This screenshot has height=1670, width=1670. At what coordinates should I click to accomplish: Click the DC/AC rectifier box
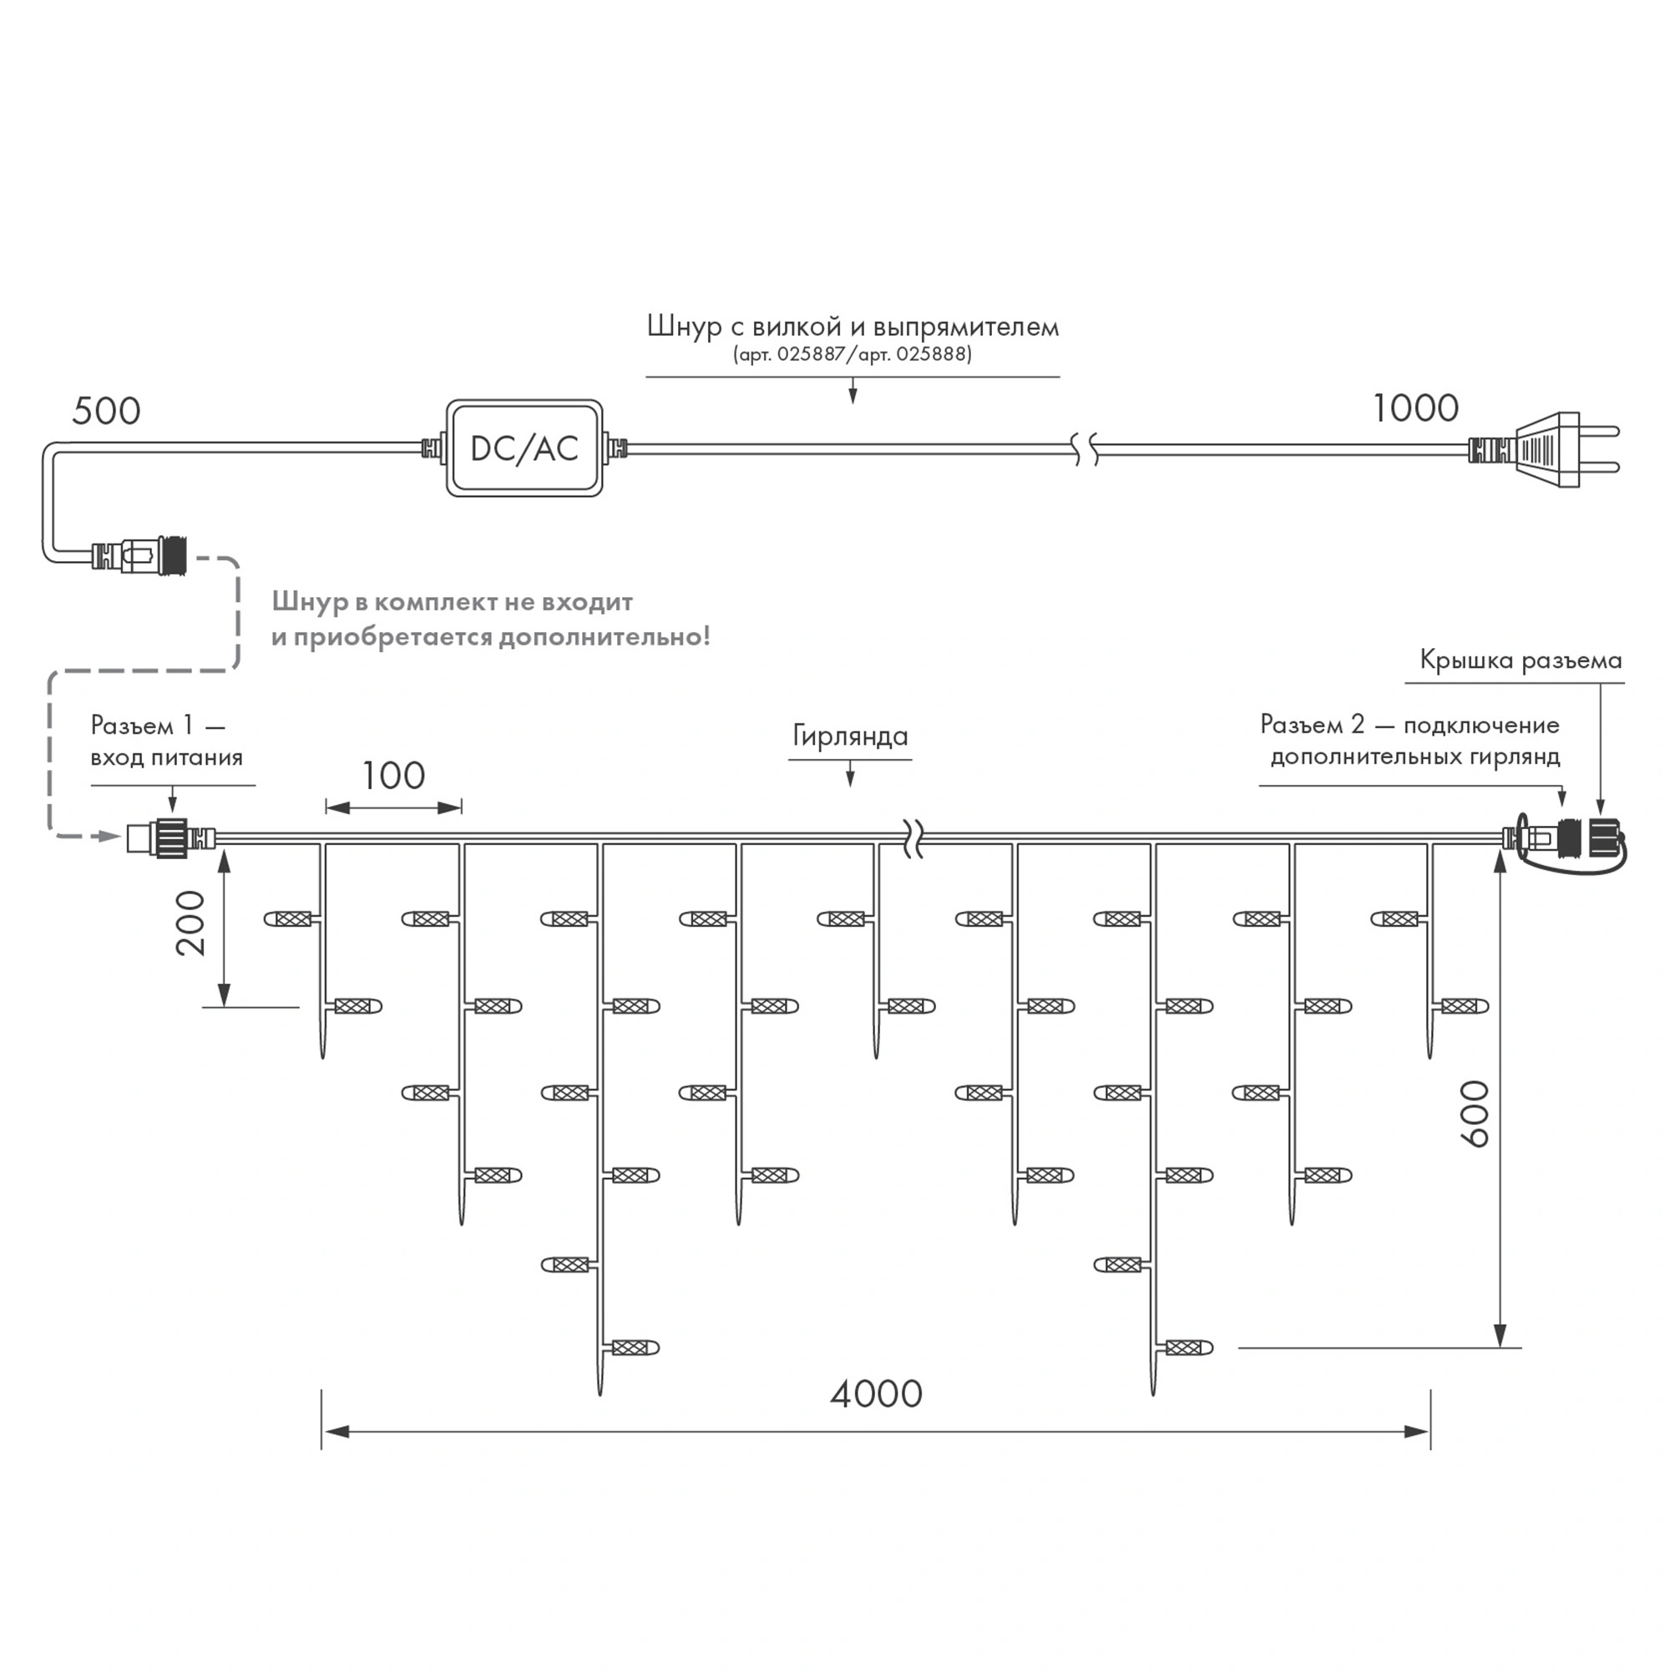[524, 448]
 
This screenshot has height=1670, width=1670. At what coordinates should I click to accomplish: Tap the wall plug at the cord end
[1556, 448]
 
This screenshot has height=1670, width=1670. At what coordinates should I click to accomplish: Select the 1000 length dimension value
[1416, 408]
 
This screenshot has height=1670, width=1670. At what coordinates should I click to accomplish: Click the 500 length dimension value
[105, 411]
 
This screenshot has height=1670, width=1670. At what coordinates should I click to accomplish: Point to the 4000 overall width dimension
[876, 1394]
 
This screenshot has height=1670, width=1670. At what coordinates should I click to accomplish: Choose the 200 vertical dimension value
[191, 923]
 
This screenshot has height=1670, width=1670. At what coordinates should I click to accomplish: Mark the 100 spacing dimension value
[393, 776]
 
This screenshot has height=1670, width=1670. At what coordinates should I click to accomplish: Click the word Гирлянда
[850, 736]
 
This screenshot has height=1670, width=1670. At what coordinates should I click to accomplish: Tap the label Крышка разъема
[1521, 660]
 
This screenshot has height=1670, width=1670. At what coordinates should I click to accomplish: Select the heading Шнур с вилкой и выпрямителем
[853, 326]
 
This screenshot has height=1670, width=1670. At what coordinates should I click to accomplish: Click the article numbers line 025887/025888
[853, 354]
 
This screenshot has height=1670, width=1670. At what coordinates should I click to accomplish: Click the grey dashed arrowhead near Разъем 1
[109, 836]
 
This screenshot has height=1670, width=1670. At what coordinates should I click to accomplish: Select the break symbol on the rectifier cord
[1087, 448]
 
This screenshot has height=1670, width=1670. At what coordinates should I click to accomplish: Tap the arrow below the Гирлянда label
[851, 777]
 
